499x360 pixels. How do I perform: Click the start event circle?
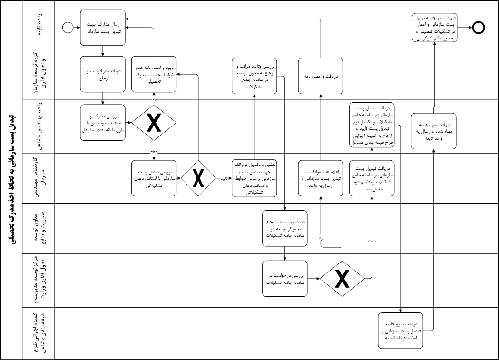click(x=68, y=28)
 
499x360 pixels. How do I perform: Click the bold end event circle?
click(x=479, y=28)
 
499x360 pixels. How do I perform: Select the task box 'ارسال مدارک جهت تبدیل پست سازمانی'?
click(x=103, y=28)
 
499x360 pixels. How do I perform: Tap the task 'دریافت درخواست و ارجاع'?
click(x=103, y=75)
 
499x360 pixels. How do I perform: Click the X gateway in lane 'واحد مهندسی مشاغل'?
click(x=154, y=123)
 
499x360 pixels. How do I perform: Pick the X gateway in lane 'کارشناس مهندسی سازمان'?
click(x=198, y=178)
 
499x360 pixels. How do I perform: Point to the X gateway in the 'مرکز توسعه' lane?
click(x=342, y=279)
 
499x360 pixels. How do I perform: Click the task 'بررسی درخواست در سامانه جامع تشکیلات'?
click(x=285, y=279)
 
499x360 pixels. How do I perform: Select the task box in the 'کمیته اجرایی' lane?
click(x=401, y=330)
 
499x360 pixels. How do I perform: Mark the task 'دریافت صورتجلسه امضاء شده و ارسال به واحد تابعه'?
click(x=434, y=131)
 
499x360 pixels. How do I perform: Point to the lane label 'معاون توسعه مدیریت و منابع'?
click(x=39, y=228)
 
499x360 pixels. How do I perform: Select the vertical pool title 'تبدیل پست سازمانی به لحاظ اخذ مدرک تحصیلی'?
click(x=11, y=180)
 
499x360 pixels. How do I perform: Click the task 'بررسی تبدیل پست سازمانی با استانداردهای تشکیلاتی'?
click(x=154, y=179)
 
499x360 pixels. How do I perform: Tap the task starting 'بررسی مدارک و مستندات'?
click(x=103, y=123)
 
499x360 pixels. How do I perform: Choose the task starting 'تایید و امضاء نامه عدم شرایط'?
click(x=154, y=75)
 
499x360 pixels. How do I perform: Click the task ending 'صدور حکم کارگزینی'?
click(x=434, y=28)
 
